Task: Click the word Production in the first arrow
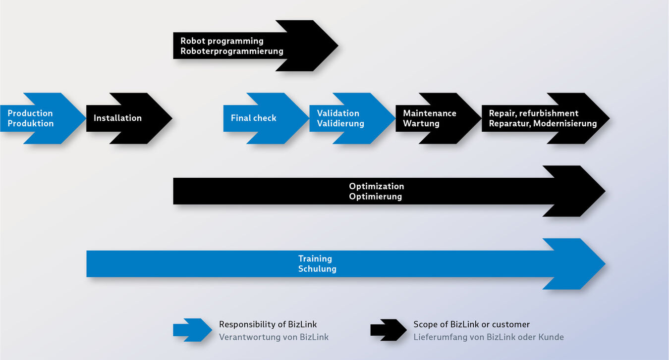point(30,113)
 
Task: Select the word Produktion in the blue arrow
point(30,124)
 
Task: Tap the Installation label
point(117,118)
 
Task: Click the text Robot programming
point(222,41)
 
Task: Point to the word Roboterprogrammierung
point(232,51)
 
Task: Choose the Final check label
point(253,118)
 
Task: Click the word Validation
point(338,113)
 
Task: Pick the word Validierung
point(340,124)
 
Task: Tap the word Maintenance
point(430,113)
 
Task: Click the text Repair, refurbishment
point(534,113)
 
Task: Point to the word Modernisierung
point(565,124)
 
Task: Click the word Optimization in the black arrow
point(377,186)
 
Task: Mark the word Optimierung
point(375,197)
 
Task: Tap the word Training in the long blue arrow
point(315,258)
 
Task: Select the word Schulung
point(317,269)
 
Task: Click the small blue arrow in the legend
point(192,330)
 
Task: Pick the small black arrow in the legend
point(389,330)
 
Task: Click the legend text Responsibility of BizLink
point(268,325)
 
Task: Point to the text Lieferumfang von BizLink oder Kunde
point(489,337)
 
